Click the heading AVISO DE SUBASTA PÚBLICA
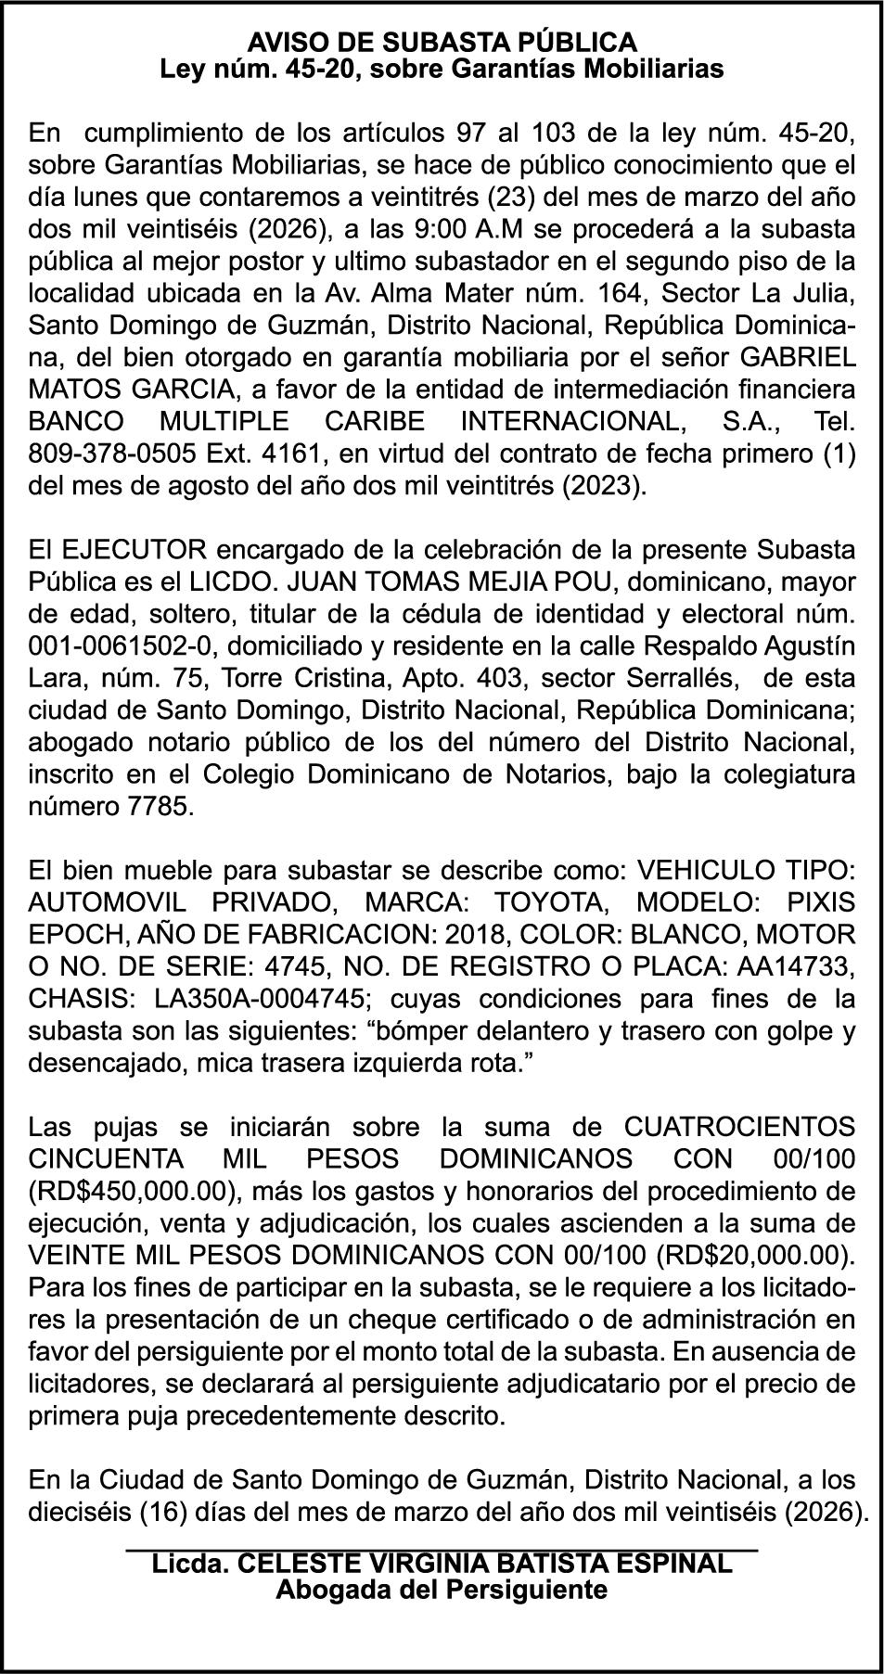442,42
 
